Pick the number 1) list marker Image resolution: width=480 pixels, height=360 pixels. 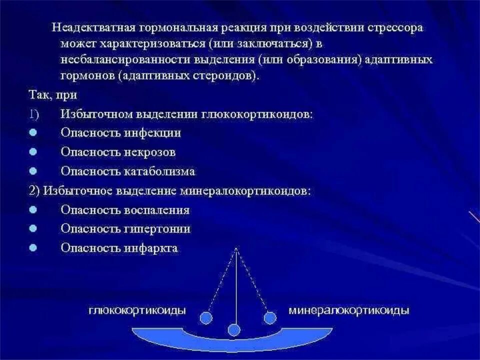[x=33, y=114]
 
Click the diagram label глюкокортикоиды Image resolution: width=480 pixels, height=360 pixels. [x=137, y=311]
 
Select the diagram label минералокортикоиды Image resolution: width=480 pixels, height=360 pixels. [x=349, y=311]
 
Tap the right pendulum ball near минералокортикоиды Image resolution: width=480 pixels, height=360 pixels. [x=270, y=317]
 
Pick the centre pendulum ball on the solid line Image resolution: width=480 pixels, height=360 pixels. [x=234, y=329]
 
